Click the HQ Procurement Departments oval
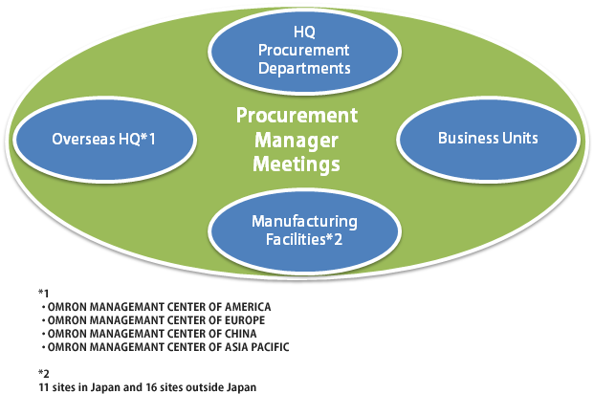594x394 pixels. (304, 51)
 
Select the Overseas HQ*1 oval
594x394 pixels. (104, 139)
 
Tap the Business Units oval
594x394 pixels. (488, 139)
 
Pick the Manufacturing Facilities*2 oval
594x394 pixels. (304, 230)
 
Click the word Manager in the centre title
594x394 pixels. (297, 141)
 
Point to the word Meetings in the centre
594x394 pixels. (297, 164)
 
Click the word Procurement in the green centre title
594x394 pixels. (297, 116)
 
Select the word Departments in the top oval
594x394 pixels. (304, 68)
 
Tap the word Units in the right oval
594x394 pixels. (520, 139)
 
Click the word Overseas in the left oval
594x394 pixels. (84, 140)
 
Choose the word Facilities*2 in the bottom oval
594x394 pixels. (304, 239)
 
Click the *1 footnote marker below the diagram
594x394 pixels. (44, 294)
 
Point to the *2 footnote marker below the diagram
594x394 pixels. (44, 374)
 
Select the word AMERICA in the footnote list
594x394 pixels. (248, 307)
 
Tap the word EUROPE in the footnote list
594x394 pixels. (245, 320)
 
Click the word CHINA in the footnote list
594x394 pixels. (240, 334)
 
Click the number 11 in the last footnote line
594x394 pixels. (44, 387)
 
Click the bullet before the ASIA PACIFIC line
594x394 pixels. (44, 347)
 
